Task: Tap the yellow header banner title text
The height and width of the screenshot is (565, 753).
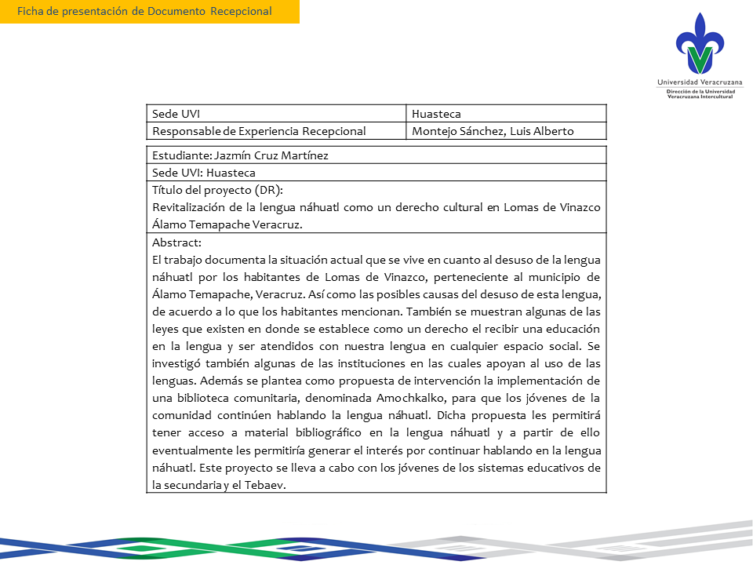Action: click(x=144, y=11)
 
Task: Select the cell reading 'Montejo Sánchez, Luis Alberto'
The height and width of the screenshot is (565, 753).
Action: click(x=493, y=131)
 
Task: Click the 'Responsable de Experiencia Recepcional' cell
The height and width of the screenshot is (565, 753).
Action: click(x=259, y=131)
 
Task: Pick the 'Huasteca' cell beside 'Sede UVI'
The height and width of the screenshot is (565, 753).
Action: click(x=436, y=114)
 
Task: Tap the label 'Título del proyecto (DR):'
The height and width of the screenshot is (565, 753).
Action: click(x=217, y=191)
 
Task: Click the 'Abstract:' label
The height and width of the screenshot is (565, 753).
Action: click(x=176, y=242)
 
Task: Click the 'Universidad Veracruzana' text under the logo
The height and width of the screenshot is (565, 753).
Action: click(x=700, y=82)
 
